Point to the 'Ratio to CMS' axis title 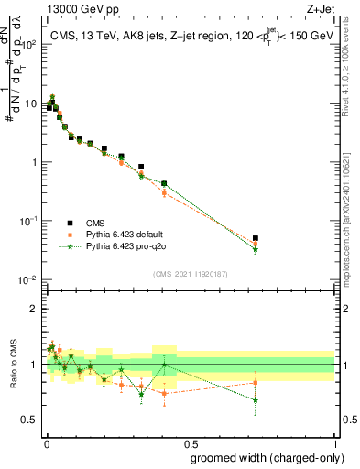pyautogui.click(x=14, y=364)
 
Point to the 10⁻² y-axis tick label pyautogui.click(x=28, y=280)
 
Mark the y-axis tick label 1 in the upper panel pyautogui.click(x=35, y=162)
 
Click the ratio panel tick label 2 pyautogui.click(x=35, y=309)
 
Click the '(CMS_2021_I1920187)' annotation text pyautogui.click(x=190, y=273)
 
